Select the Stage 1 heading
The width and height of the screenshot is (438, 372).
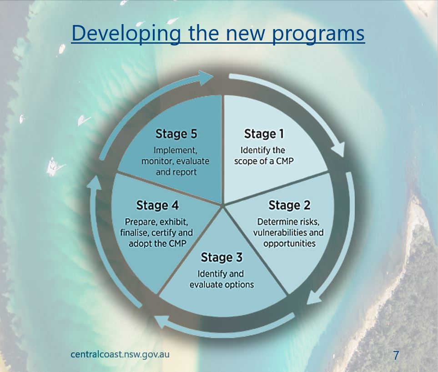[x=264, y=134]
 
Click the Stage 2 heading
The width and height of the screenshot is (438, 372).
[x=289, y=205]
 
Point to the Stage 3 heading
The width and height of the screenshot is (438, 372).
[x=221, y=257]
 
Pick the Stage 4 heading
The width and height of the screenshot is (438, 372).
[x=157, y=205]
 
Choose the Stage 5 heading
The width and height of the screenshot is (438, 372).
[x=176, y=134]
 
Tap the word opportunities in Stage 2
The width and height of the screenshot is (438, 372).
[x=289, y=244]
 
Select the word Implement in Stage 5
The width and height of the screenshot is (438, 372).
[x=175, y=150]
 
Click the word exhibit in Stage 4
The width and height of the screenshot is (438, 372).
[x=174, y=222]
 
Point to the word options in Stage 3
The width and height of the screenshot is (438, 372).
[x=238, y=285]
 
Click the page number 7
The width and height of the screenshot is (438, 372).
[x=396, y=355]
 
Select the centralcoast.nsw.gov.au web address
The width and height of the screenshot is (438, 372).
[x=120, y=354]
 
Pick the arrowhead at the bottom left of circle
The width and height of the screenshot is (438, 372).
[x=162, y=322]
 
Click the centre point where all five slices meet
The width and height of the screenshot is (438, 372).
[x=222, y=206]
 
